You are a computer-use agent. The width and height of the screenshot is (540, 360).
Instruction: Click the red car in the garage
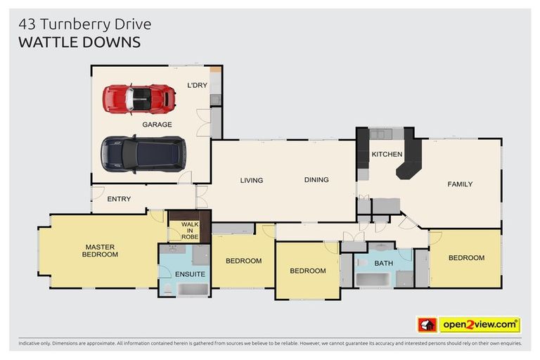pos(139,98)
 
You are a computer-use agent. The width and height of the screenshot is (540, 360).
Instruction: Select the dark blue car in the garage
pos(143,153)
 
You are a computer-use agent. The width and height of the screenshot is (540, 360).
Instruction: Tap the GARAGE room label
pos(157,124)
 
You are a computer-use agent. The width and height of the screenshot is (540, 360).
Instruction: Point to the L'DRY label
pos(197,85)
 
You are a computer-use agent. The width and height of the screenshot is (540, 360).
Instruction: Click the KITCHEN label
pos(387,154)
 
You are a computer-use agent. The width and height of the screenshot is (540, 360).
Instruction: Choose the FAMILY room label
pos(460,184)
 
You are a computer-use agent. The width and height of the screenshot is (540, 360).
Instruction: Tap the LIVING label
pos(251,180)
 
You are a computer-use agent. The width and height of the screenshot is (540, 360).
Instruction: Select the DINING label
pos(316,179)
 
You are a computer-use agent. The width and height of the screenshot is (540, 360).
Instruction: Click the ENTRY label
pos(119,199)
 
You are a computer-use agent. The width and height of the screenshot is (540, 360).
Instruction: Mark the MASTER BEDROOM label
pos(101,250)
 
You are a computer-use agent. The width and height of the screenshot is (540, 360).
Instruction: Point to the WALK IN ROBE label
pos(190,231)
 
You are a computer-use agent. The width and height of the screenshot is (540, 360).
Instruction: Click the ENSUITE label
pos(190,274)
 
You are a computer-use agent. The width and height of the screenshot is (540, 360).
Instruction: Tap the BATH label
pos(384,264)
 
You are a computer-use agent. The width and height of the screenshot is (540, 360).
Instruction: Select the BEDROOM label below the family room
pos(466,258)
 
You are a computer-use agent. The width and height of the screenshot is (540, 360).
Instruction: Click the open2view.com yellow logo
pos(479,325)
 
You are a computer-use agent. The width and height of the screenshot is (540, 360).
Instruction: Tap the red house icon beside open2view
pos(427,325)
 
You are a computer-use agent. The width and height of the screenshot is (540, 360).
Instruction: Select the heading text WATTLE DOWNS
pos(79,42)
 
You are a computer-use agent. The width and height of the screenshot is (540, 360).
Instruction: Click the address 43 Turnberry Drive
pos(84,25)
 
